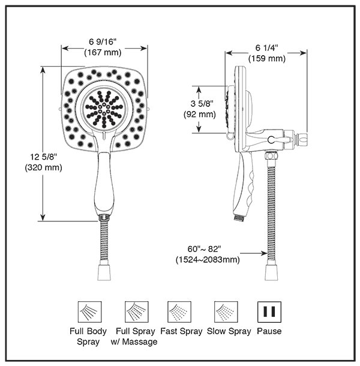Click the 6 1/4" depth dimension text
point(266,48)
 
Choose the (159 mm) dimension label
point(266,58)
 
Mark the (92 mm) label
point(199,114)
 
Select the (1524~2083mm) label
point(208,260)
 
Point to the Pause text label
point(269,331)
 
